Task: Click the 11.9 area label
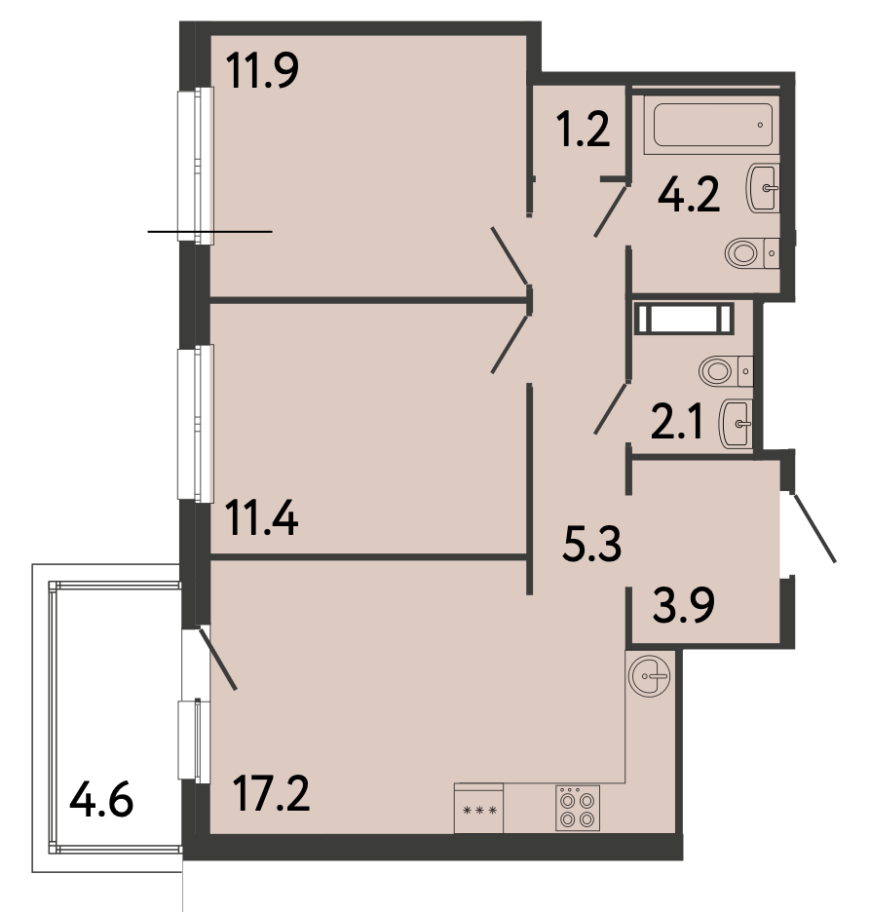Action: tap(262, 70)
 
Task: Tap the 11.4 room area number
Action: tap(263, 518)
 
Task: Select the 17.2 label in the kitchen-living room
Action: tap(271, 793)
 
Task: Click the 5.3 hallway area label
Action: tap(592, 544)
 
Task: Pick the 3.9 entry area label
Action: tap(684, 605)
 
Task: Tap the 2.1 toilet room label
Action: tap(677, 423)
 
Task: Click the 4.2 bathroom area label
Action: tap(689, 195)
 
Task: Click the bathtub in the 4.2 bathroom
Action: tap(712, 125)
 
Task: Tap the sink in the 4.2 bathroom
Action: tap(763, 187)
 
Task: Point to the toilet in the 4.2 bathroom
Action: tap(752, 253)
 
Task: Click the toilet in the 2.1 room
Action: tap(726, 371)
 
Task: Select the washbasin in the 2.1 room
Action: tap(737, 424)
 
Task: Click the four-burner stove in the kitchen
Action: tap(578, 808)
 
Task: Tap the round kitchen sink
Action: tap(650, 676)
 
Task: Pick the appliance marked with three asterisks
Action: tap(478, 809)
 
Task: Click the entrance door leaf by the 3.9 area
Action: tap(814, 528)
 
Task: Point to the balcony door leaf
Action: tap(218, 659)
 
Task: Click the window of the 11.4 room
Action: tap(196, 423)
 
